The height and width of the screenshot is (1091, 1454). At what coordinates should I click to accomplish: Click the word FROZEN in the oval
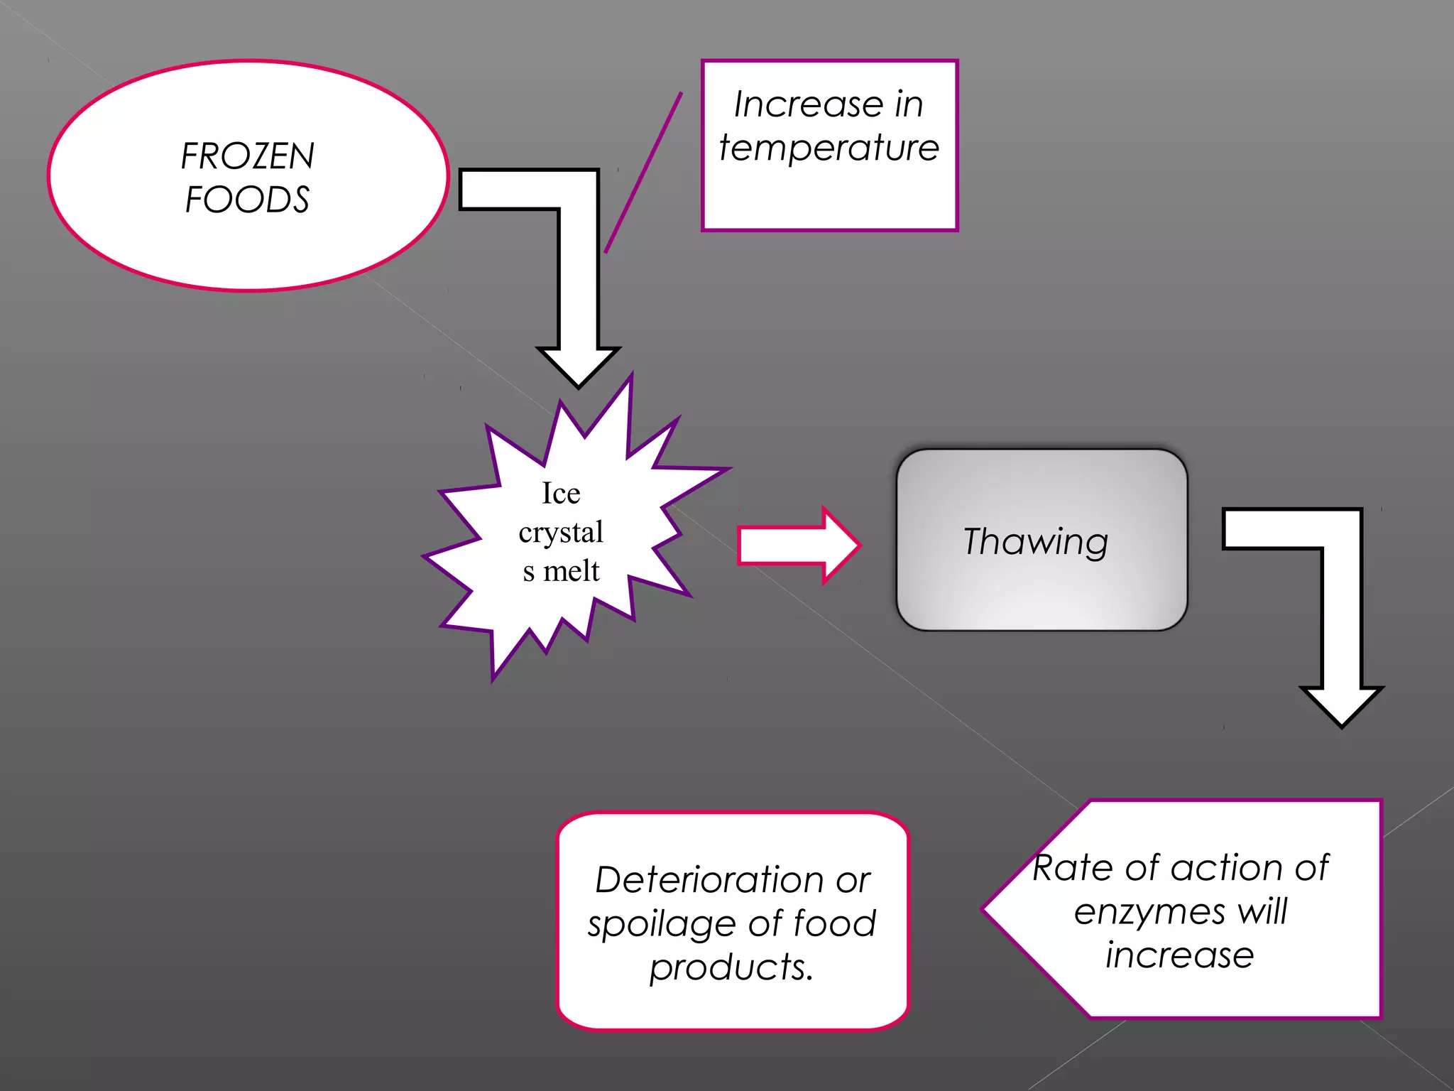247,156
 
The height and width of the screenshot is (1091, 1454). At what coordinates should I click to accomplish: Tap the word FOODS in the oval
247,200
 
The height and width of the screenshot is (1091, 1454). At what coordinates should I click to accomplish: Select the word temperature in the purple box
829,148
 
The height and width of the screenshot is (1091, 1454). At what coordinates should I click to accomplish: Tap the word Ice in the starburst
561,493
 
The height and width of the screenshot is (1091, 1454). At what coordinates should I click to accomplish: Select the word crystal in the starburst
561,533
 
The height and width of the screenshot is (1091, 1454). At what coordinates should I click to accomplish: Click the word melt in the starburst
572,571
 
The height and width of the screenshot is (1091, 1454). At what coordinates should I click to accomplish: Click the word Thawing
1035,541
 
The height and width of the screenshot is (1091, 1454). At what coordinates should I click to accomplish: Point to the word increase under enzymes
1179,955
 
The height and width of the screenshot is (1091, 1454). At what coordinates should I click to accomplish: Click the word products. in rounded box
731,967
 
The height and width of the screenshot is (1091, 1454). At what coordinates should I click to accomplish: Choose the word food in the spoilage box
834,923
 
